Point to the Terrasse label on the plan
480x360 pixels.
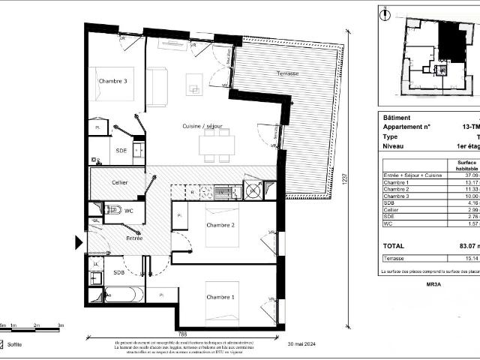pyautogui.click(x=286, y=73)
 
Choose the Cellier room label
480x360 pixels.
pyautogui.click(x=119, y=182)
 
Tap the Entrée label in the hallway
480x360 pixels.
pyautogui.click(x=134, y=238)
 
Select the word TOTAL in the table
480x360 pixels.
pyautogui.click(x=394, y=246)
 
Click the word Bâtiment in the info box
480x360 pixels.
pyautogui.click(x=397, y=118)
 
